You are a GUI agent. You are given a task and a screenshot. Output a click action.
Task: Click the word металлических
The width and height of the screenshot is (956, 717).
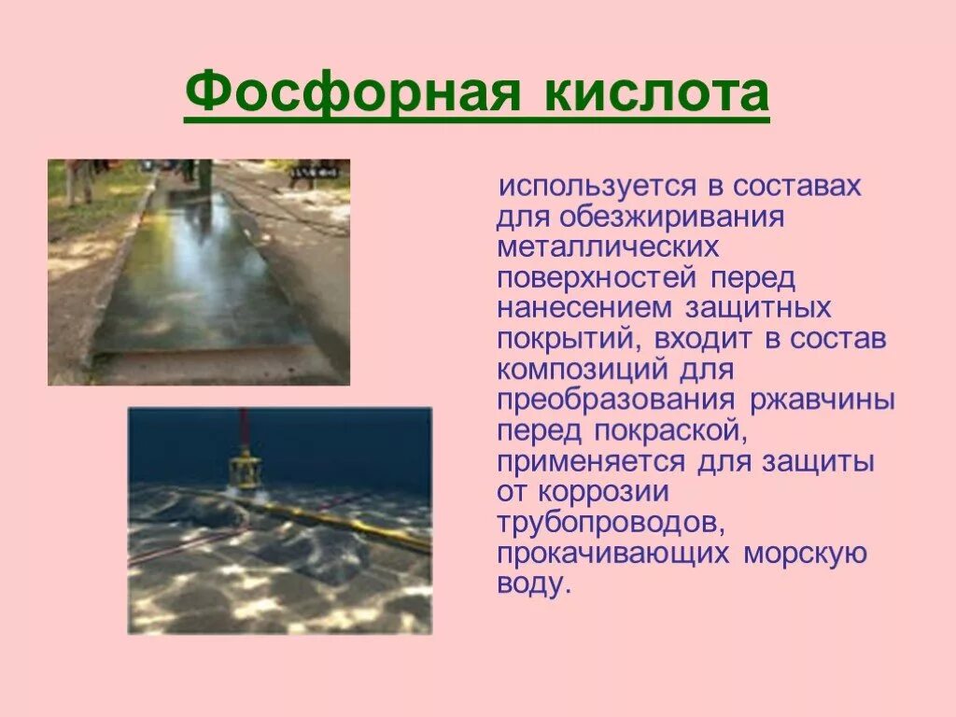click(608, 247)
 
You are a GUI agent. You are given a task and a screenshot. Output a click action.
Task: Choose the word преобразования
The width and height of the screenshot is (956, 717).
click(618, 401)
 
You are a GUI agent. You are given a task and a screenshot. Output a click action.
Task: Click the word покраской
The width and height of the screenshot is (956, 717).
click(668, 430)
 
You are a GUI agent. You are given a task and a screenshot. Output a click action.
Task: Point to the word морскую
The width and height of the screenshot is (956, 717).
click(806, 553)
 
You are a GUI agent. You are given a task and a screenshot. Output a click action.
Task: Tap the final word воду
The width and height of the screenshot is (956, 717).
click(531, 583)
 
